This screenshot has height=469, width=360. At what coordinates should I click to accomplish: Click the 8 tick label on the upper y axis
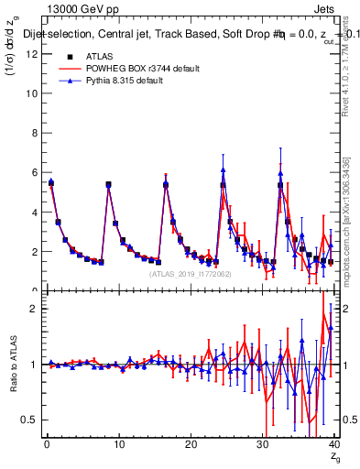(35, 133)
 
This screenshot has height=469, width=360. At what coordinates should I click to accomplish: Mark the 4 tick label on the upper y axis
(35, 212)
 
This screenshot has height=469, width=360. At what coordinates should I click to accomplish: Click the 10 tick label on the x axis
(118, 444)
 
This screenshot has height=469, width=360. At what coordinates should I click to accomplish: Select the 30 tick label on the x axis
(262, 444)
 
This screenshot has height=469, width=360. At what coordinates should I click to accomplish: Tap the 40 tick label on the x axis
(333, 444)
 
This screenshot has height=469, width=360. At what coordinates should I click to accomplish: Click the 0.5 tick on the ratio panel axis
(30, 419)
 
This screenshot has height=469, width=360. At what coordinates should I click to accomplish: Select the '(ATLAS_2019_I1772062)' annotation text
(189, 274)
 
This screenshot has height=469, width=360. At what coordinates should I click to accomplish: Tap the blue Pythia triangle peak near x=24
(223, 169)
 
